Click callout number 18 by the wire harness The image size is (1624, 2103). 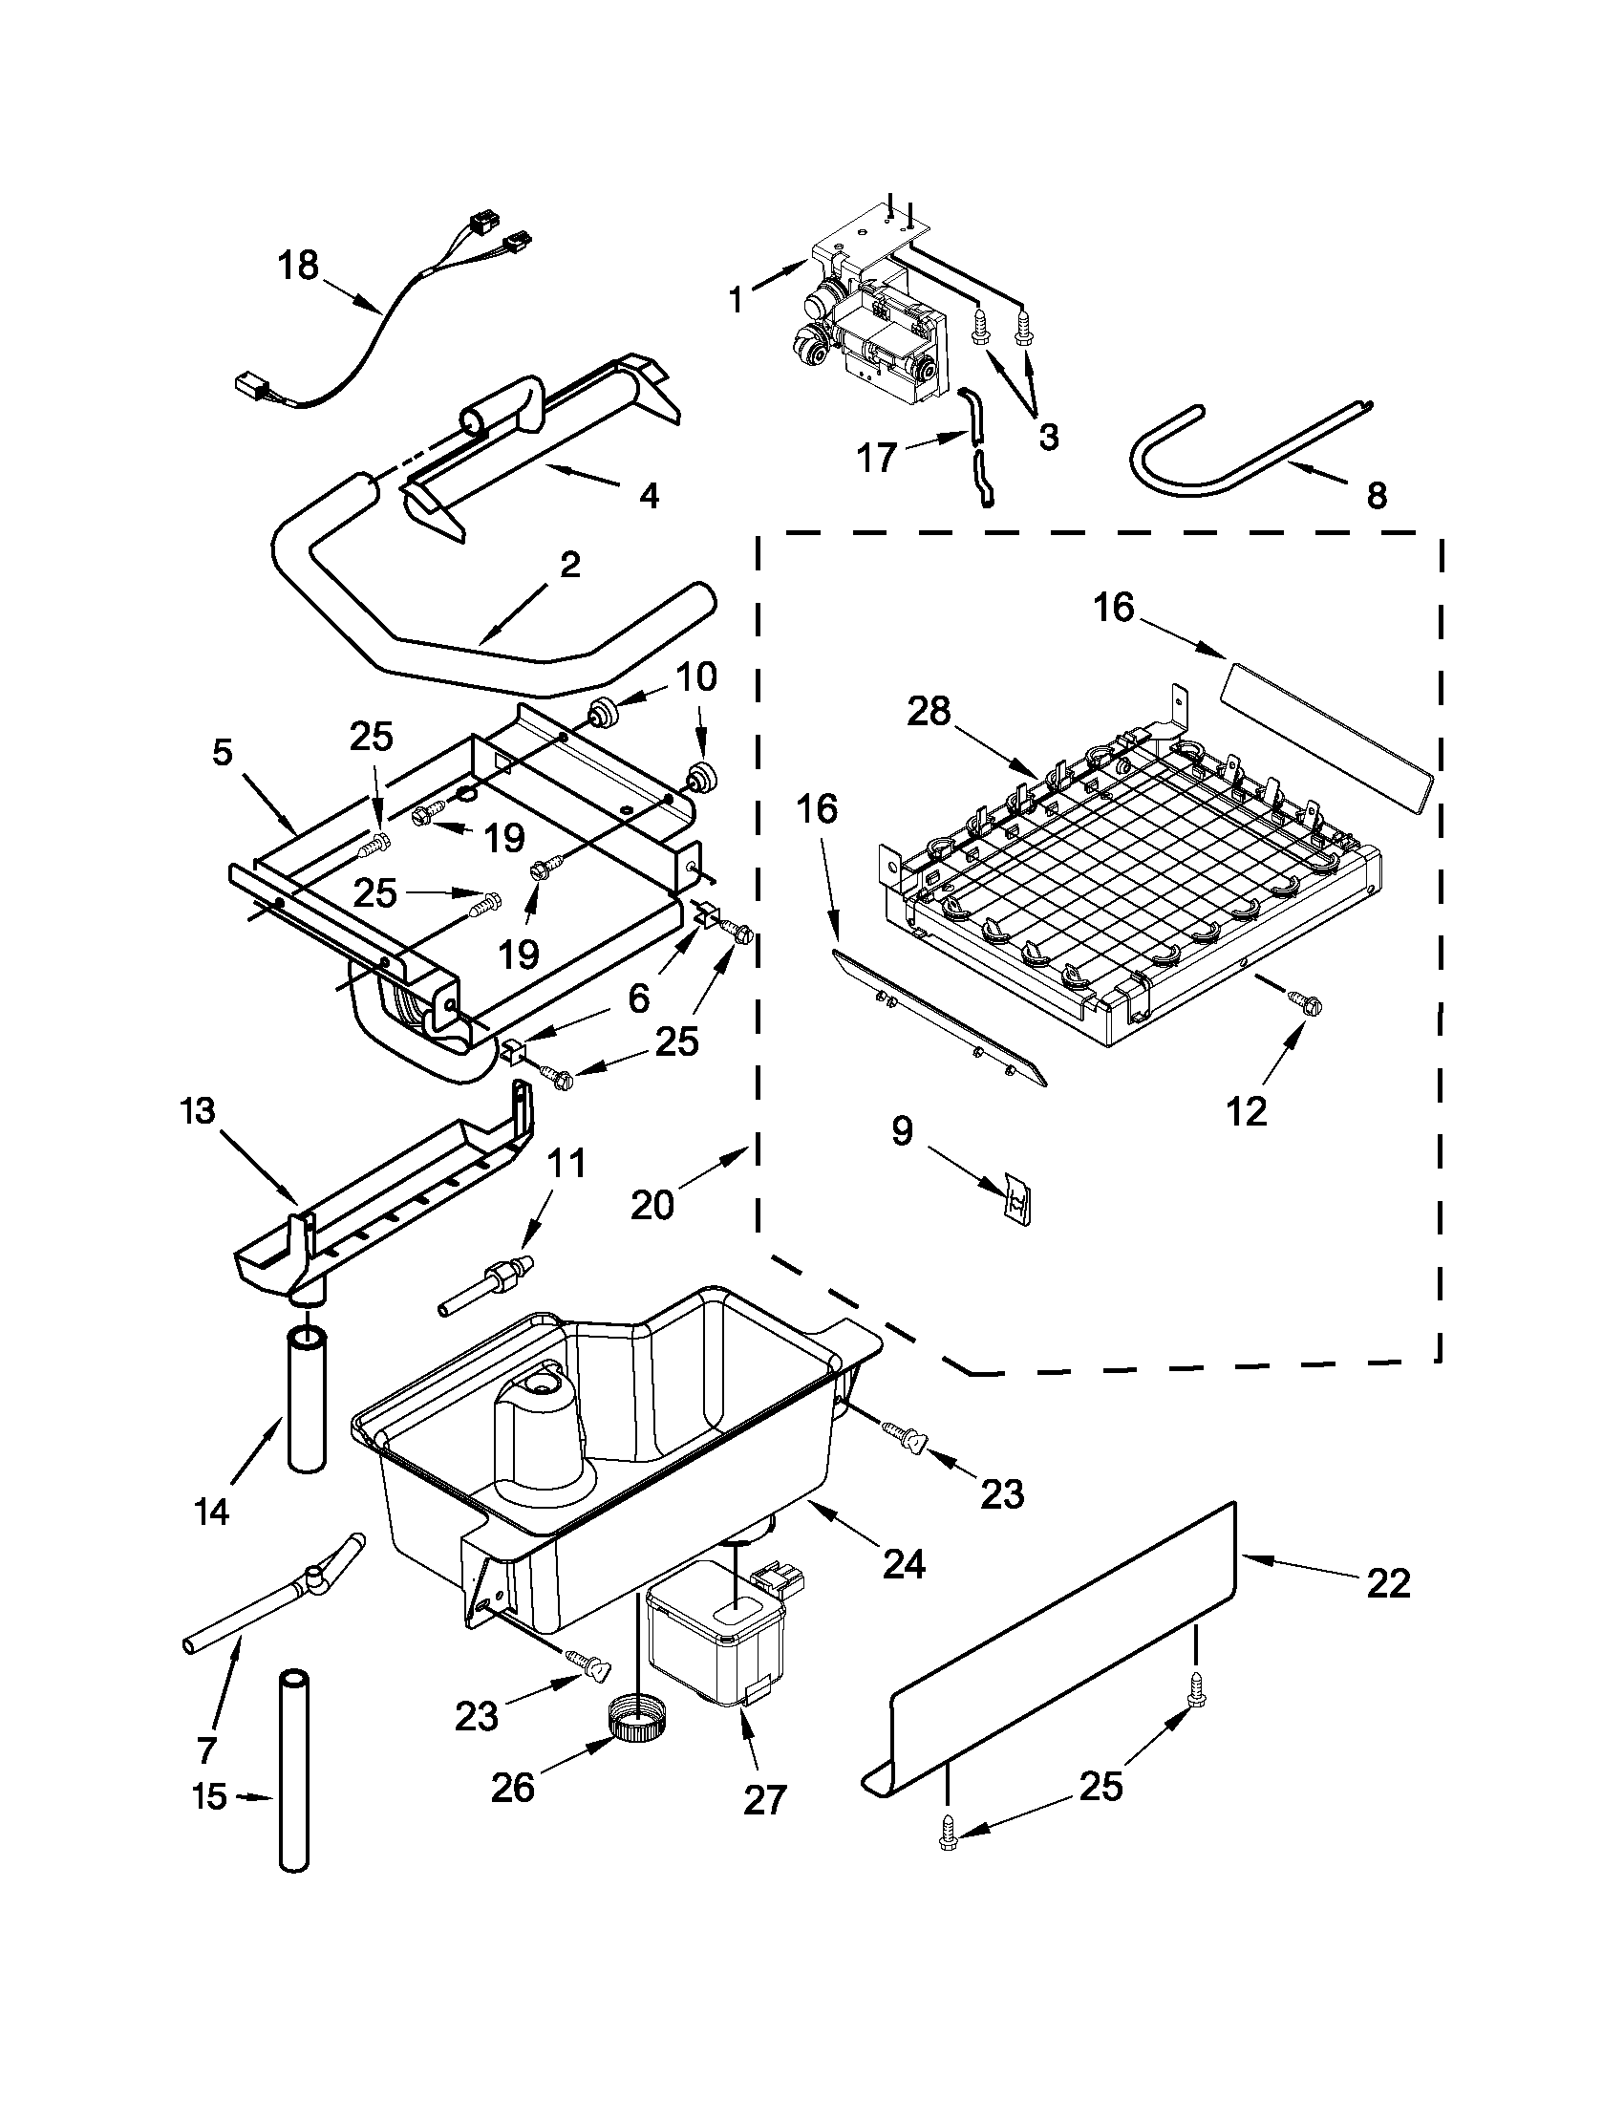point(298,265)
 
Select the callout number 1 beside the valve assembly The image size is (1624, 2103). point(737,299)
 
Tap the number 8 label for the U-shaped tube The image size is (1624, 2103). point(1378,495)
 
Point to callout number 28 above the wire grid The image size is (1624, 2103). point(929,712)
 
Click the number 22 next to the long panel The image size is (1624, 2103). point(1388,1582)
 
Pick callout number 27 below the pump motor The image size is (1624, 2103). point(765,1799)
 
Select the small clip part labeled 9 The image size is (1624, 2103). point(1016,1200)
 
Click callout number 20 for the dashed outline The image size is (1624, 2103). point(652,1205)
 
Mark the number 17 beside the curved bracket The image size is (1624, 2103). point(876,459)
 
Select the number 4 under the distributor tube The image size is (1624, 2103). point(649,496)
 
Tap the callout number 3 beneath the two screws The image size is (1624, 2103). point(1048,437)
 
